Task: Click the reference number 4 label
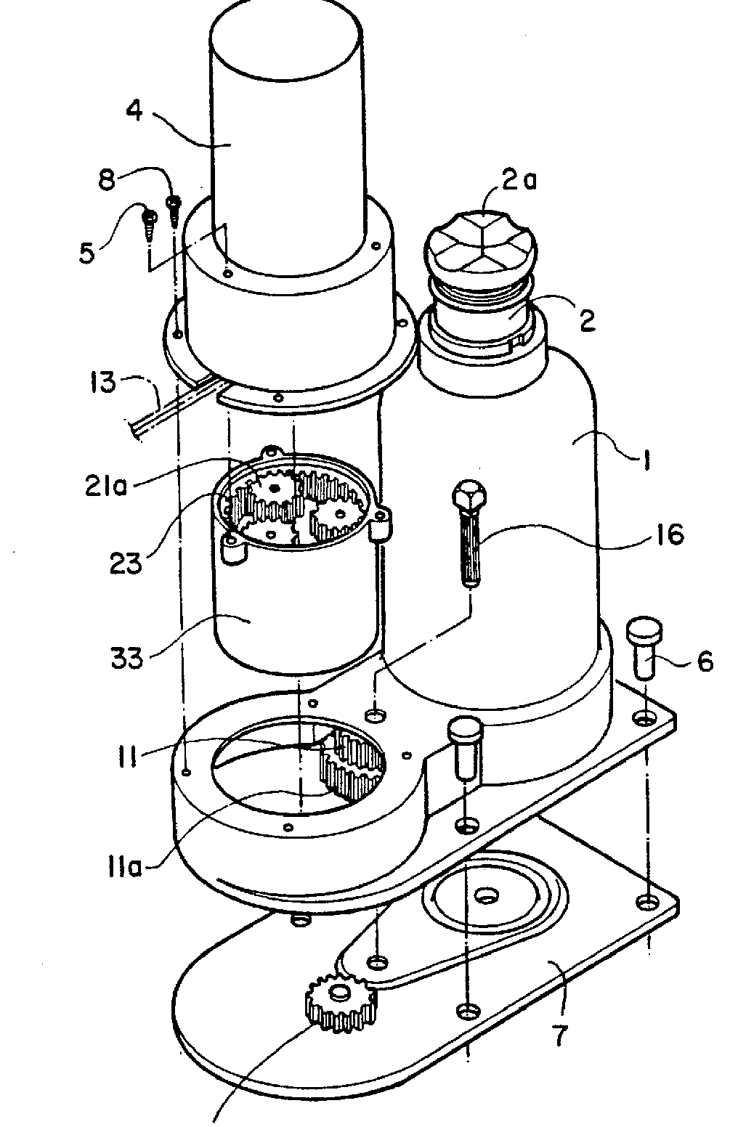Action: [x=134, y=110]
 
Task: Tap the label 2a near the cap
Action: [x=519, y=179]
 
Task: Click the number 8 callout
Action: [x=107, y=179]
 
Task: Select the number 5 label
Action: [x=86, y=253]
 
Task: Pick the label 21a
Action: [x=106, y=487]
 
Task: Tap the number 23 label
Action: [x=126, y=563]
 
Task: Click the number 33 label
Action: [x=127, y=657]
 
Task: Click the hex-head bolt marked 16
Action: [x=469, y=533]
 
